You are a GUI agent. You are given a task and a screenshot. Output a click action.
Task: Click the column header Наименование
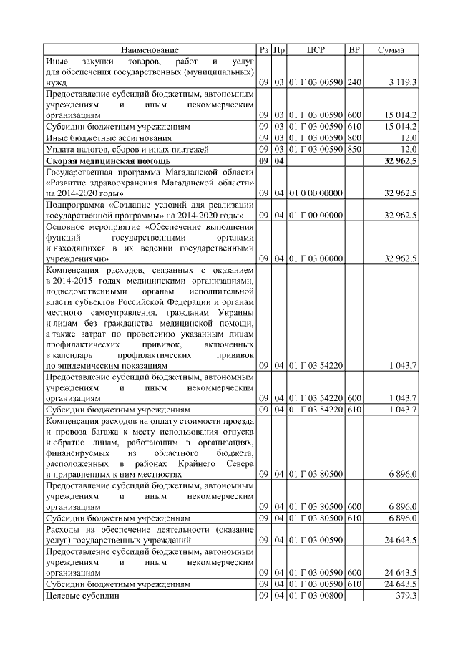[x=150, y=50]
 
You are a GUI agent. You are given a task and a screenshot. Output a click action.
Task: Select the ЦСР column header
[x=316, y=50]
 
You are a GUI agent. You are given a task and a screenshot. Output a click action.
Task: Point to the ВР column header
[x=354, y=50]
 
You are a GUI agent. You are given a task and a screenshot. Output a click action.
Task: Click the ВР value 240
[x=354, y=83]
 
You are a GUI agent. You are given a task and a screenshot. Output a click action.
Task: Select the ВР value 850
[x=354, y=149]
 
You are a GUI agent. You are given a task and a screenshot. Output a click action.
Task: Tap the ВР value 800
[x=354, y=137]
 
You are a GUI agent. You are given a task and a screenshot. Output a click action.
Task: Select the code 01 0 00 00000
[x=316, y=193]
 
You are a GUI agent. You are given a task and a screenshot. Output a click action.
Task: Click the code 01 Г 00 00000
[x=316, y=216]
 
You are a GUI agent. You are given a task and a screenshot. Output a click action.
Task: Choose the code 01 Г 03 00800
[x=316, y=596]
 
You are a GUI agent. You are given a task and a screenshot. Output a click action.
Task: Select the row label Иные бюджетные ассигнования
[x=108, y=137]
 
